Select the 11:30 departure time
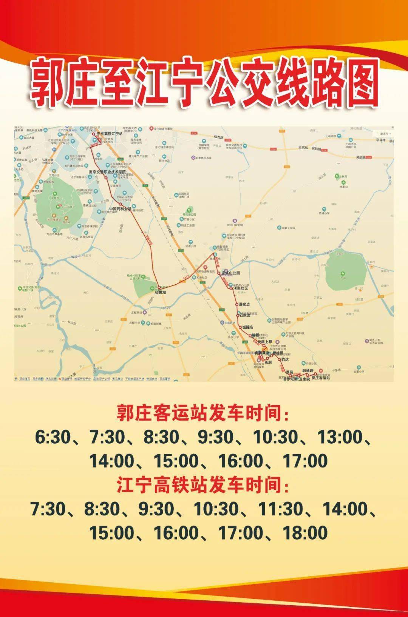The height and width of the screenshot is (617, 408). [x=281, y=509]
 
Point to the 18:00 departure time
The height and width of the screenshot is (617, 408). [x=305, y=533]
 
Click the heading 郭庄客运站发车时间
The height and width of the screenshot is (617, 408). [x=203, y=413]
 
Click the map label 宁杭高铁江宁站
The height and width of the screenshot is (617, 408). [x=110, y=134]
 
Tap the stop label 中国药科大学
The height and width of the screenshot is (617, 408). [x=120, y=208]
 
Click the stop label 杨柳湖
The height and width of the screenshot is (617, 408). [x=161, y=293]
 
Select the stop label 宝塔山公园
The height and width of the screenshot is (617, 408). [x=231, y=273]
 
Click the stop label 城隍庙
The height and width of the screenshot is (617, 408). [x=248, y=327]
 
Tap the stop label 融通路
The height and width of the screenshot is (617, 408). [x=308, y=371]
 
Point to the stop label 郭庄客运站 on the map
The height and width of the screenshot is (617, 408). [x=320, y=378]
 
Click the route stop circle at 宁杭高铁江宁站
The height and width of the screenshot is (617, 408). [x=93, y=134]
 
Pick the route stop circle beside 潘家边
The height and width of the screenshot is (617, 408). [x=237, y=304]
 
